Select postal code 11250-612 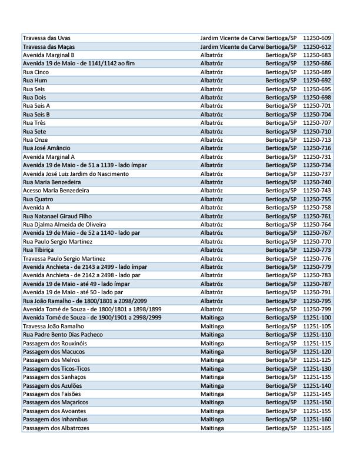(x=317, y=46)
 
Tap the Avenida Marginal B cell (x=48, y=55)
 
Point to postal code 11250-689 (x=317, y=72)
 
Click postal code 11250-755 (x=317, y=199)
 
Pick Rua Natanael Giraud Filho (x=57, y=217)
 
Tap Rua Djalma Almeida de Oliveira (x=64, y=225)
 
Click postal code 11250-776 (x=317, y=259)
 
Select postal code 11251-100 (x=317, y=318)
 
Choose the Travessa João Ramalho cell (x=53, y=327)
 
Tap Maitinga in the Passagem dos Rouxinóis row (x=212, y=344)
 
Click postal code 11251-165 (x=317, y=428)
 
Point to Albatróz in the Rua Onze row (x=212, y=140)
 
